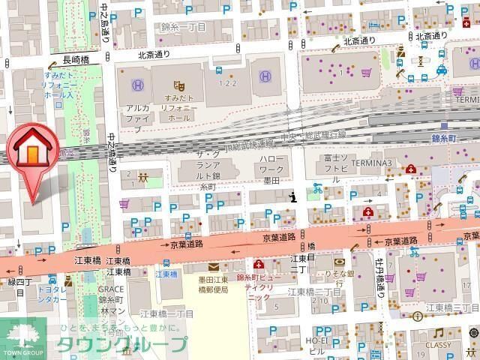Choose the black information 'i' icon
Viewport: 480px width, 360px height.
[x=292, y=197]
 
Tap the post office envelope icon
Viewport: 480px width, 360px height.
[x=213, y=266]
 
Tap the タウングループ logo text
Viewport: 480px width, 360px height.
[x=124, y=345]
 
